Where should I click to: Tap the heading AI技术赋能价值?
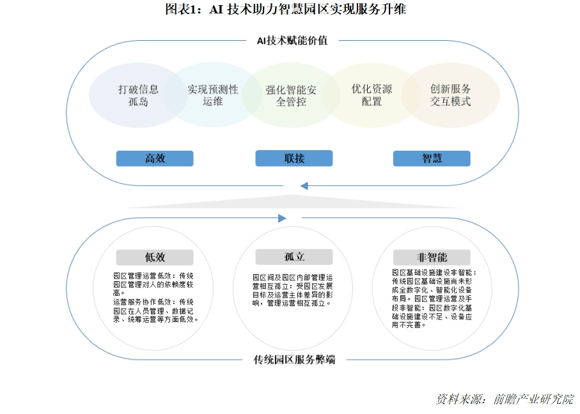click(x=292, y=40)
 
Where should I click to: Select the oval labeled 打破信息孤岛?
click(x=138, y=95)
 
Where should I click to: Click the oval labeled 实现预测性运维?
click(x=213, y=95)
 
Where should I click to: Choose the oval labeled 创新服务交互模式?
click(x=451, y=95)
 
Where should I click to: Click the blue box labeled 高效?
click(x=155, y=158)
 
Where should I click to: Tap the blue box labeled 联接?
click(x=294, y=158)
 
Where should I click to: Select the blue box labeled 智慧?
click(x=432, y=158)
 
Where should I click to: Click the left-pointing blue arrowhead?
click(x=304, y=186)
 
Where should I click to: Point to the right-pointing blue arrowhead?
click(x=282, y=218)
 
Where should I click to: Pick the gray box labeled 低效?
click(x=155, y=257)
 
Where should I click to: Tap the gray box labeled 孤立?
click(x=294, y=257)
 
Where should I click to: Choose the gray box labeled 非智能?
click(x=432, y=257)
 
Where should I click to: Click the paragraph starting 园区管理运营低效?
click(x=155, y=297)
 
